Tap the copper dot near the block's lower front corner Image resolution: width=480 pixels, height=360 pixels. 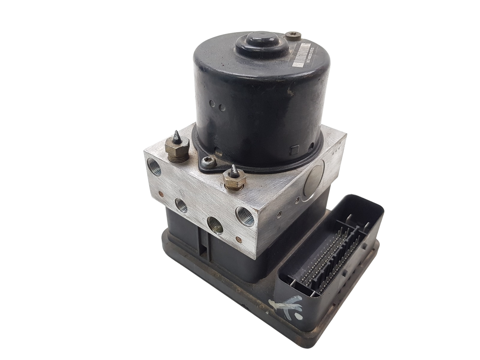tap(238, 231)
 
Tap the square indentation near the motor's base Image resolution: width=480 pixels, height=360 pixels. tap(294, 149)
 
